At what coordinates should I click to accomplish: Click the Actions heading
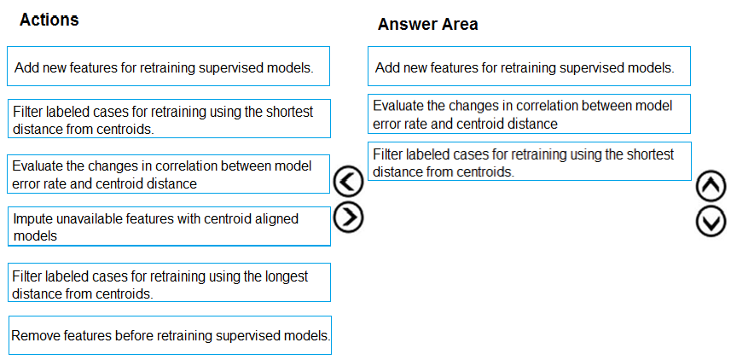click(x=49, y=20)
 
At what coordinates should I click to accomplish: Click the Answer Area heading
click(x=427, y=24)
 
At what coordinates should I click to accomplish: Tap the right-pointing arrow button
click(x=348, y=218)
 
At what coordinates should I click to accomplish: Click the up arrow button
click(x=711, y=186)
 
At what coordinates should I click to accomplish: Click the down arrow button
click(x=711, y=221)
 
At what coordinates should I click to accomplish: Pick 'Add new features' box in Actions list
click(x=168, y=67)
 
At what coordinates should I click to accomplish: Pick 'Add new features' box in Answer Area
click(x=529, y=67)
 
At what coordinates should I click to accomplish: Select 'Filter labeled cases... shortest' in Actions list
click(x=169, y=119)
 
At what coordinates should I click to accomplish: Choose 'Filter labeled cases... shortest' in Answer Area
click(x=529, y=161)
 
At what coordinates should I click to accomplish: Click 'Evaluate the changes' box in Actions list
click(x=168, y=174)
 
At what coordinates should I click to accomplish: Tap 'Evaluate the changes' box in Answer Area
click(x=529, y=113)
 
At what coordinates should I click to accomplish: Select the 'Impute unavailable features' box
click(x=169, y=226)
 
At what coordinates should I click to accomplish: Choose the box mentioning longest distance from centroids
click(x=169, y=282)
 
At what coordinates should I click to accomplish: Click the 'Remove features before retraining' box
click(x=170, y=335)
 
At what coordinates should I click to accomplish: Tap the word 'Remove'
click(x=35, y=335)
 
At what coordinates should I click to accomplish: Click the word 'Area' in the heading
click(x=460, y=24)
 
